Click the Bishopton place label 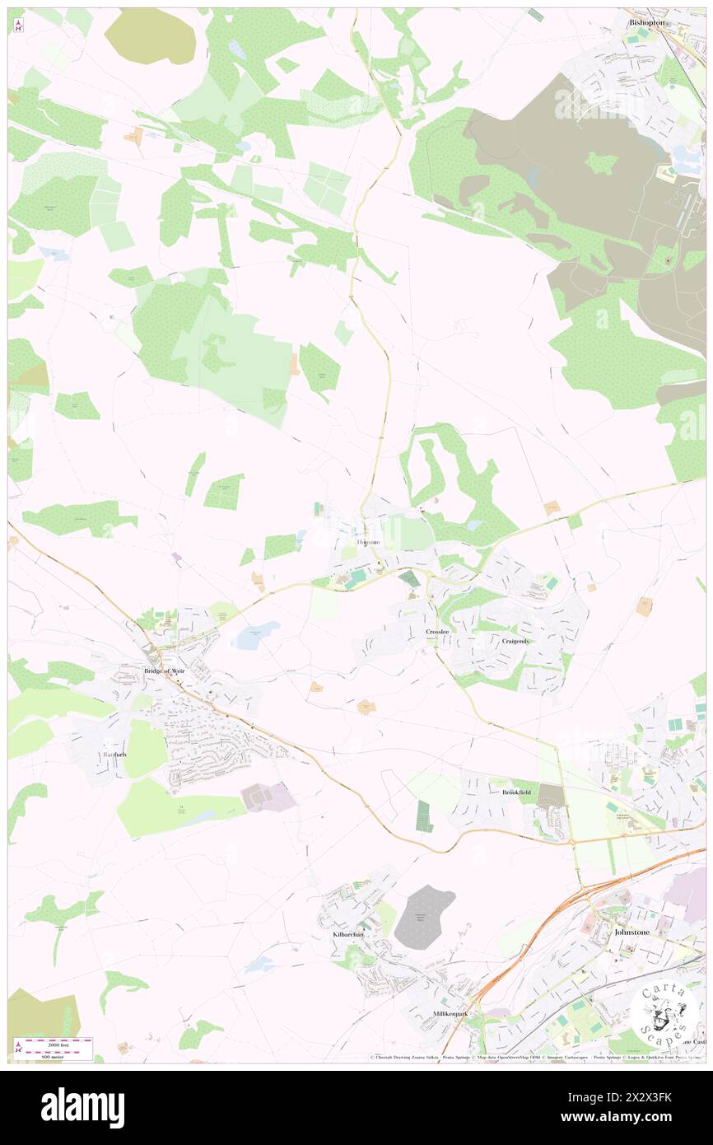(x=646, y=23)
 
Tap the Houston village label (x=368, y=543)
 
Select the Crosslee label (x=437, y=632)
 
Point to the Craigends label (x=515, y=641)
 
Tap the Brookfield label (x=516, y=792)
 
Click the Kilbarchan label (x=348, y=935)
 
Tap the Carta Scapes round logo (x=663, y=1012)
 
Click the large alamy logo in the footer (x=83, y=1108)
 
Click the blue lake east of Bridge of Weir (x=256, y=635)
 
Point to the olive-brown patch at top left (x=151, y=36)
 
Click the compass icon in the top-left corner (x=18, y=25)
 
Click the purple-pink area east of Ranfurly (x=268, y=797)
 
